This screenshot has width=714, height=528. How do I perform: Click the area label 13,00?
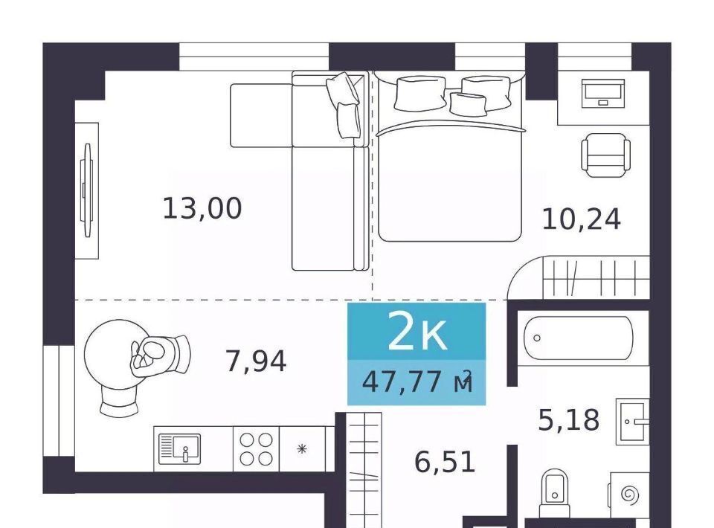pyautogui.click(x=202, y=209)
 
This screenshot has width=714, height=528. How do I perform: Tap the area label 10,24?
pyautogui.click(x=581, y=219)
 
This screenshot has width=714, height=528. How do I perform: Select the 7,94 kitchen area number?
pyautogui.click(x=256, y=361)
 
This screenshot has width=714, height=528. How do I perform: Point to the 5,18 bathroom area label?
pyautogui.click(x=569, y=419)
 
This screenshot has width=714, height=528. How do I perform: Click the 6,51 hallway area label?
pyautogui.click(x=445, y=462)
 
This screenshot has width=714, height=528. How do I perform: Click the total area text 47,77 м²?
pyautogui.click(x=417, y=381)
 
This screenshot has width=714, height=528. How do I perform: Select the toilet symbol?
pyautogui.click(x=555, y=493)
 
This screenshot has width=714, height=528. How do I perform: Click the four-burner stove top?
pyautogui.click(x=256, y=449)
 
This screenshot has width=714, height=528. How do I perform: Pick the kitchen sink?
pyautogui.click(x=179, y=449)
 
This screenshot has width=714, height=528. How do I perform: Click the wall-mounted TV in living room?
pyautogui.click(x=86, y=190)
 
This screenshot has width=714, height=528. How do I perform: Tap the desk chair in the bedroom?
pyautogui.click(x=605, y=155)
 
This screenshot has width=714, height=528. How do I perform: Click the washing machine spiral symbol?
pyautogui.click(x=630, y=494)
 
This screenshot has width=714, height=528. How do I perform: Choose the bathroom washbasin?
pyautogui.click(x=632, y=422)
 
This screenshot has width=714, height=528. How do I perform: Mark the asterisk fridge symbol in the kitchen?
pyautogui.click(x=301, y=449)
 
